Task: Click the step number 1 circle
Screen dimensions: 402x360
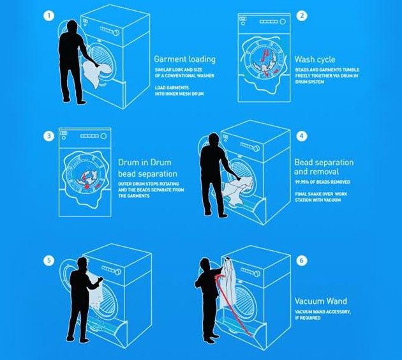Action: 48,16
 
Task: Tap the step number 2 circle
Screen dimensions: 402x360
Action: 302,16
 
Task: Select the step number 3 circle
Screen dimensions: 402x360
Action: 48,136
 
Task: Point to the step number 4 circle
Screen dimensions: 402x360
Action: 302,136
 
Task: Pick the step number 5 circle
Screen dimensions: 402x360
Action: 48,261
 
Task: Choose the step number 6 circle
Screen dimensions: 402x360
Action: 302,260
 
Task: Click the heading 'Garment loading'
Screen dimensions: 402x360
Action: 185,59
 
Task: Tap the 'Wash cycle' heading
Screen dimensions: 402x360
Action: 315,59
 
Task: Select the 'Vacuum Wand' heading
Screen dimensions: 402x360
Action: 321,301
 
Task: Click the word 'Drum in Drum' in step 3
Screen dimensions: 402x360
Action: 145,163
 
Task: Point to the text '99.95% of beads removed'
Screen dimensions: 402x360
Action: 322,182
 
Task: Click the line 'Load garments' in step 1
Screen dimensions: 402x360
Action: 172,87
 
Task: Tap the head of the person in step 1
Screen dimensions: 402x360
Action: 72,26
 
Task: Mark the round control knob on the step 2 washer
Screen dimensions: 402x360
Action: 283,22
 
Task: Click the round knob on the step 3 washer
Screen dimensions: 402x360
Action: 103,136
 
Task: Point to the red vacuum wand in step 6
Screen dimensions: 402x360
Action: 232,305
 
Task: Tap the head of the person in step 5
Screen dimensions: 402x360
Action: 82,264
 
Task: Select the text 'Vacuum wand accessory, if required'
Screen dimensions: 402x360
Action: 323,315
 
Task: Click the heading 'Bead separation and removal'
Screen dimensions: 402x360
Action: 324,167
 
